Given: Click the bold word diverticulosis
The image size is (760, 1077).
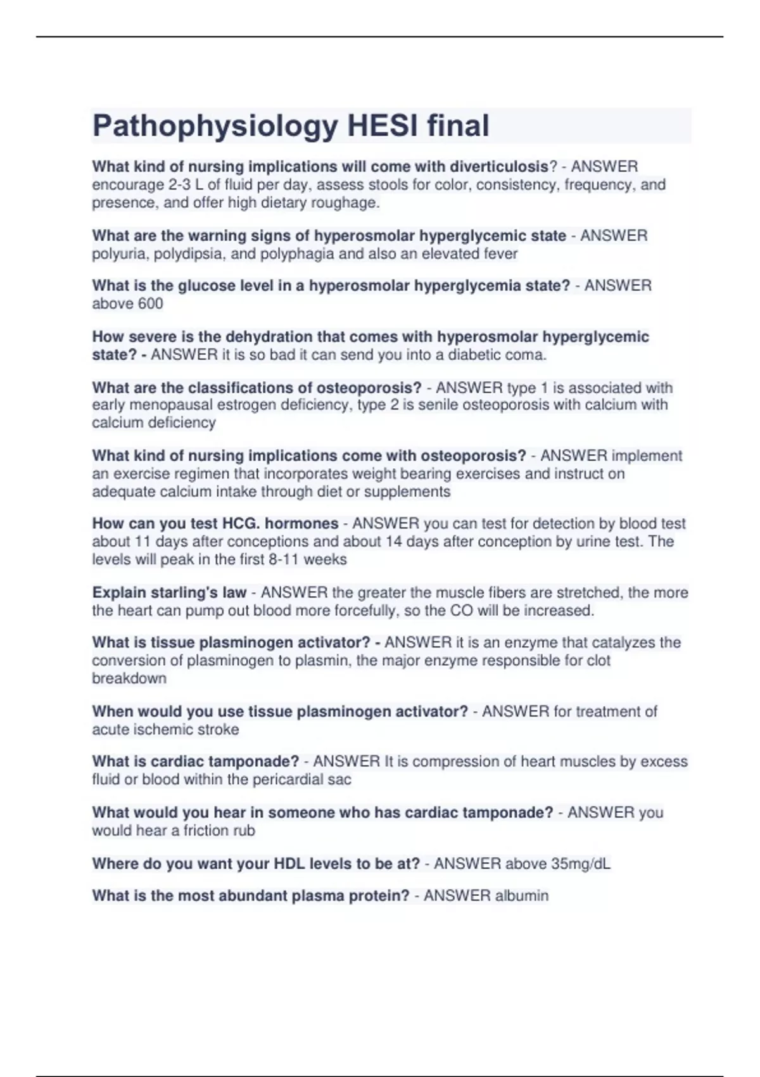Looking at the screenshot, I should (499, 167).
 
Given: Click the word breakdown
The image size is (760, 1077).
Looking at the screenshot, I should (129, 679).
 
